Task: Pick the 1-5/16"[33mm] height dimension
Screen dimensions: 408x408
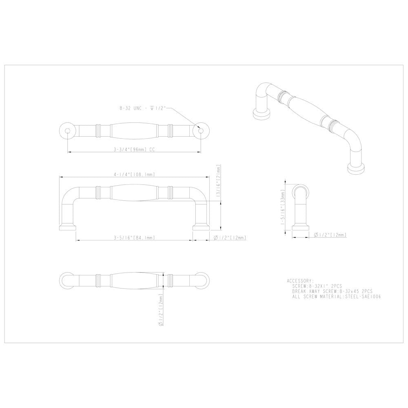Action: coord(288,206)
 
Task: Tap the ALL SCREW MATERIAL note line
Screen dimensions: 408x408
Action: coord(337,297)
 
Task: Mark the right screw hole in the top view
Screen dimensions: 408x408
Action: coord(200,130)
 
